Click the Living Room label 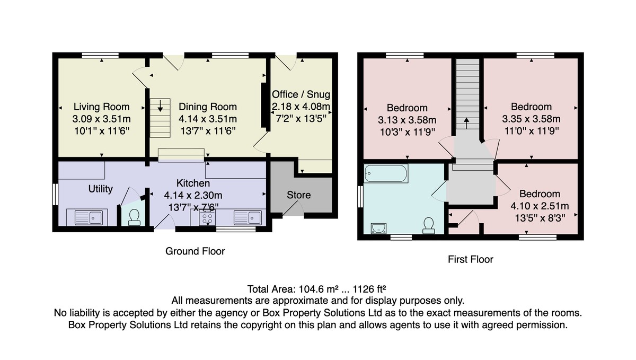click(x=101, y=107)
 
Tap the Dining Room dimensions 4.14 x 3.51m click(x=208, y=119)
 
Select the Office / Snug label click(x=301, y=94)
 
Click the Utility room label click(x=101, y=189)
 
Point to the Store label click(x=298, y=195)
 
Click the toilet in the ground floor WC click(x=134, y=217)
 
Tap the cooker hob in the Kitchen click(x=207, y=218)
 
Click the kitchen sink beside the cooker click(x=248, y=218)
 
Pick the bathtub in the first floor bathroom click(x=386, y=173)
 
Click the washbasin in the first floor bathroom click(x=378, y=229)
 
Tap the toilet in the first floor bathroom click(x=428, y=226)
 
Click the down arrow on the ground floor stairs click(x=160, y=106)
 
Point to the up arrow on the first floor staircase click(x=466, y=124)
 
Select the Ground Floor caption click(x=195, y=251)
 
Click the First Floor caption click(x=471, y=259)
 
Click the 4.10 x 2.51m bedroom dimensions click(x=540, y=206)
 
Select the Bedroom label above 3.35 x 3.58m click(x=531, y=107)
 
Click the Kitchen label click(x=193, y=183)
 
